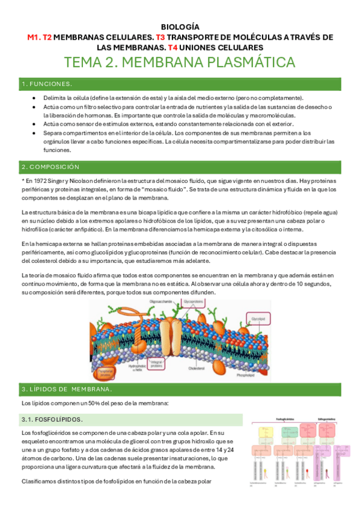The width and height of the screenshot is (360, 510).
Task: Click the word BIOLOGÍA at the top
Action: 180,27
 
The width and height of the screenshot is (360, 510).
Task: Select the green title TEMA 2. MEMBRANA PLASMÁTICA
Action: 180,63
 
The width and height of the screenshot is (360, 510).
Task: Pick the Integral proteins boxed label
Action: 157,363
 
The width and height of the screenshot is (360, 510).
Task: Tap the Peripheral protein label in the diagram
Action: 108,373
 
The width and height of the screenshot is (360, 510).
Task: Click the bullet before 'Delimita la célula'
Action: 36,97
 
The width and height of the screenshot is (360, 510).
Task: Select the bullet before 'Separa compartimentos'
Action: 36,132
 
